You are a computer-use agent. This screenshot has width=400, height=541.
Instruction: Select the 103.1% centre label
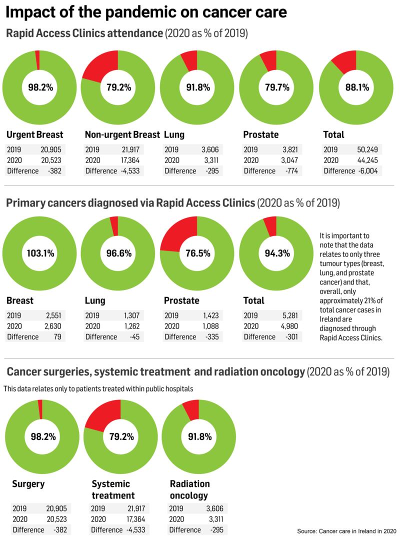(x=39, y=253)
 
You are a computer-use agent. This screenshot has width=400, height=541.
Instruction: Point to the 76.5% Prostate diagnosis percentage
(x=197, y=253)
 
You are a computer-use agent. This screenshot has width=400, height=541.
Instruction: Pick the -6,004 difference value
(x=369, y=171)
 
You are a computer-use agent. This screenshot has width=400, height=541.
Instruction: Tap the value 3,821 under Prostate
(x=290, y=149)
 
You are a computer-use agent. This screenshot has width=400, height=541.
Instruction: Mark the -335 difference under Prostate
(x=213, y=337)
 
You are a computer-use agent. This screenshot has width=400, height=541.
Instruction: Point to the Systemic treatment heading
(x=113, y=489)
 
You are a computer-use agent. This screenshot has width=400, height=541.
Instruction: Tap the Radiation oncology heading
(x=189, y=489)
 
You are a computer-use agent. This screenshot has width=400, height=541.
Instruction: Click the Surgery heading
(x=28, y=483)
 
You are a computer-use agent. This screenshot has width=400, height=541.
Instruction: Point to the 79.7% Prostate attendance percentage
(x=276, y=87)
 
